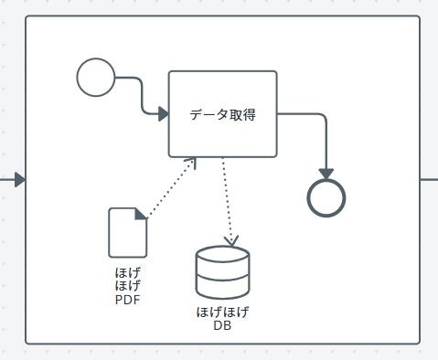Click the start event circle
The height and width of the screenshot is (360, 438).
(96, 77)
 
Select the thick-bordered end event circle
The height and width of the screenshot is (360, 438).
(326, 196)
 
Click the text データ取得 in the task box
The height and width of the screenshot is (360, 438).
(222, 115)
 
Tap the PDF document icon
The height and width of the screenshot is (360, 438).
(127, 233)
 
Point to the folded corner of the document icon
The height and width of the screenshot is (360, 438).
(141, 214)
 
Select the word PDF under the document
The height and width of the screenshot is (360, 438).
(128, 299)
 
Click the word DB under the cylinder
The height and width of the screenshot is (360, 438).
(222, 324)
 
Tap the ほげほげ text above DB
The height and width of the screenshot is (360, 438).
(222, 312)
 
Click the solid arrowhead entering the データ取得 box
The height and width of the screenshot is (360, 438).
(163, 114)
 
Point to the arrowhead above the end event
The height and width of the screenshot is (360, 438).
(326, 173)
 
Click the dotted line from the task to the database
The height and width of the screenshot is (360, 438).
(226, 201)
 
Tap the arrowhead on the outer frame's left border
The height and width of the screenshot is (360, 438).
(20, 179)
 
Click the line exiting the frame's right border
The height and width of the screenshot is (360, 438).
(429, 179)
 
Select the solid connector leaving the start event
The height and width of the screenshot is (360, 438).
(140, 91)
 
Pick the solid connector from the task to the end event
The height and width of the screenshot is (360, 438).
(316, 117)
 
